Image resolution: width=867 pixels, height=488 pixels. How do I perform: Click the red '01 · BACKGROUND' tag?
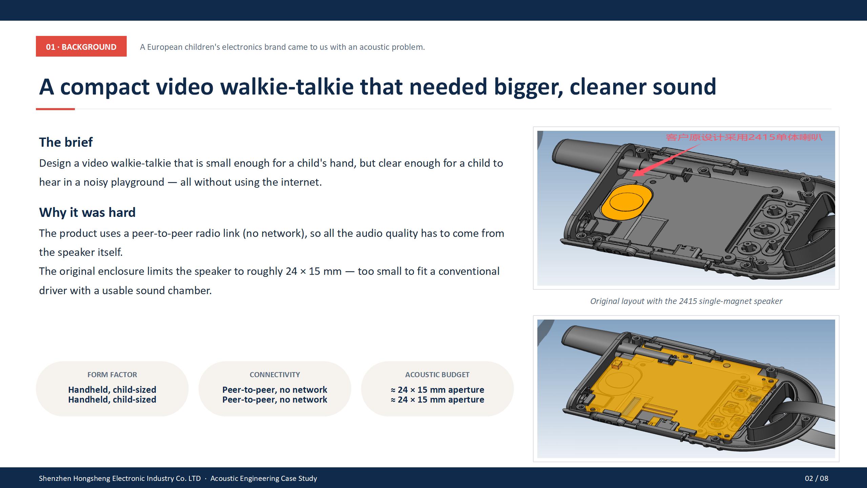[x=81, y=46]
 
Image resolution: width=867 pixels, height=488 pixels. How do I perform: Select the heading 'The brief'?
[x=66, y=142]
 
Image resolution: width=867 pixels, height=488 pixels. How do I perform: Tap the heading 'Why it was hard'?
[x=87, y=212]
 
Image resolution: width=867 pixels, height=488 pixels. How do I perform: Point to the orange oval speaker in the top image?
[x=626, y=202]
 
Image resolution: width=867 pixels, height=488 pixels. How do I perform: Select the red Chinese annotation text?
[x=744, y=137]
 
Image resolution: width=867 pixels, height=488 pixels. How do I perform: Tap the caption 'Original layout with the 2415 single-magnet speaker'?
[x=686, y=301]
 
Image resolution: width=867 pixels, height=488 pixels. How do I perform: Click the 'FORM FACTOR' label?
[x=112, y=375]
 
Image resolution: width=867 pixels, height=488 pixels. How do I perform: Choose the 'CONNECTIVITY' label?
[x=275, y=375]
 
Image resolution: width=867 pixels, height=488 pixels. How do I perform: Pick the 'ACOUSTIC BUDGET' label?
[x=437, y=375]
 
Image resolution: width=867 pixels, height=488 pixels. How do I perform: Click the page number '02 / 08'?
[x=817, y=478]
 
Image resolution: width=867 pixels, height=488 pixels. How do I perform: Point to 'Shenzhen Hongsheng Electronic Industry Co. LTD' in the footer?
[x=120, y=478]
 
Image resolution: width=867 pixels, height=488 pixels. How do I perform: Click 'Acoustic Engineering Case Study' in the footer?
[x=264, y=478]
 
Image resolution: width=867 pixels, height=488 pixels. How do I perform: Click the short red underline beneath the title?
[x=55, y=109]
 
